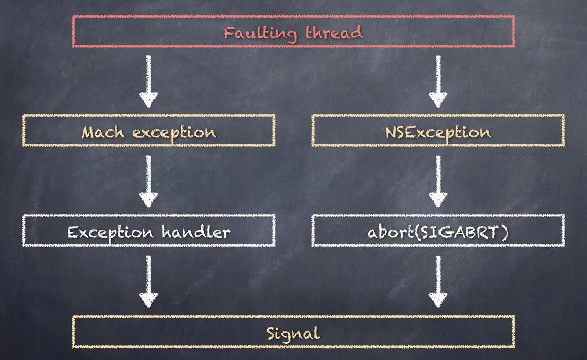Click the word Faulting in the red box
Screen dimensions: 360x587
coord(260,33)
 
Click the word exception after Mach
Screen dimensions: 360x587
coord(174,133)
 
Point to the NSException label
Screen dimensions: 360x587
coord(438,132)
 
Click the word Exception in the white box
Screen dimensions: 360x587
coord(110,232)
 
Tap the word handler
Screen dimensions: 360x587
coord(196,232)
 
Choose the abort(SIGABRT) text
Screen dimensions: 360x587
coord(438,232)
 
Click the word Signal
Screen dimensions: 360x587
coord(293,333)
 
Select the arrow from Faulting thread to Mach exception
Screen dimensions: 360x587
coord(148,81)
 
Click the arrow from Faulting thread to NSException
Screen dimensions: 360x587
coord(438,81)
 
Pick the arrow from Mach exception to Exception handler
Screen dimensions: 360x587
coord(148,181)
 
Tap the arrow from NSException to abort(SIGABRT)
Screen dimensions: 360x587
coord(438,181)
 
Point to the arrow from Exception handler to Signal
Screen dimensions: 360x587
coord(148,281)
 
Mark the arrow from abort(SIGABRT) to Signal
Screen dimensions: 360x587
coord(438,281)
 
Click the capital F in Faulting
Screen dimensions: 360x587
coord(229,33)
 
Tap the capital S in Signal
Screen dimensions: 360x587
coord(272,333)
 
